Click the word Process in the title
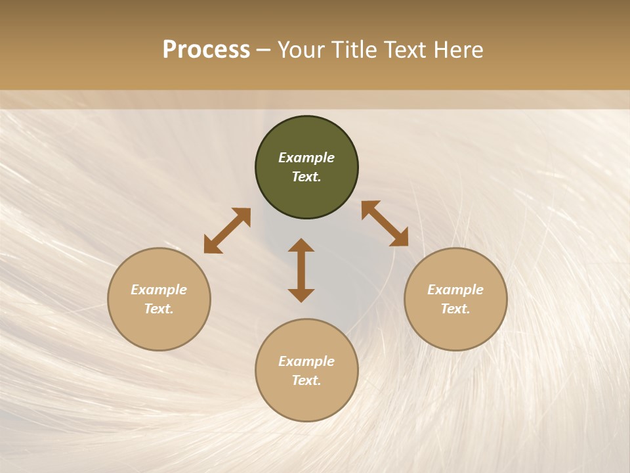(206, 50)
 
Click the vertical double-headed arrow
(301, 270)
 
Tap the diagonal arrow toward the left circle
(227, 231)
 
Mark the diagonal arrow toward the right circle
(385, 223)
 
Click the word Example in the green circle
(306, 158)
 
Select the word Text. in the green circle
(306, 177)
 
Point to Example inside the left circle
(159, 290)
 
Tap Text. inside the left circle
(159, 309)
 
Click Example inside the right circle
(455, 290)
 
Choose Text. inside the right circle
(455, 309)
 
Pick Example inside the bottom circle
(306, 361)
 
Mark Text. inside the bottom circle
(306, 380)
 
